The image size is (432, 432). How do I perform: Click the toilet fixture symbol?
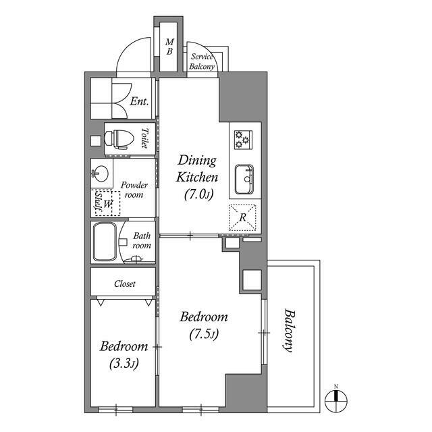pos(119,139)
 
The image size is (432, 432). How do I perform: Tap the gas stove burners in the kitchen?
pos(243,140)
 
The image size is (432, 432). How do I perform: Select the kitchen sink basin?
pos(244,180)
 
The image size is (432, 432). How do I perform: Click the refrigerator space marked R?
pos(242,217)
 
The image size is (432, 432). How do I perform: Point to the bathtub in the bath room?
pos(105,242)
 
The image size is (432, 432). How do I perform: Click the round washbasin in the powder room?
pos(100,173)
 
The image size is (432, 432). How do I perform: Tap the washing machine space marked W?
pos(108,204)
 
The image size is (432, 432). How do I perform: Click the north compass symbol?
pos(336,400)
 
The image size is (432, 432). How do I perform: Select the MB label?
pos(169,47)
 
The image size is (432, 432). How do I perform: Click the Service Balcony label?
pos(202,61)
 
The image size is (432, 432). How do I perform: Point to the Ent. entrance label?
pos(140,101)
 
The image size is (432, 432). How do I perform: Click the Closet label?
pos(125,283)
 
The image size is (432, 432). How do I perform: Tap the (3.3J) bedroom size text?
pos(124,364)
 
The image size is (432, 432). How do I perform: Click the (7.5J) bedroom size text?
pos(204,334)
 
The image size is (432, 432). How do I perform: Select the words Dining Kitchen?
pos(197,169)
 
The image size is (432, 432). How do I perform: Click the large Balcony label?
pos(289,330)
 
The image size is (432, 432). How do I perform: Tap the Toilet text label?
pos(144,138)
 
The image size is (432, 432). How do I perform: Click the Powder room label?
pos(134,190)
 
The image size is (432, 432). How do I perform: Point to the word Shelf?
pos(98,201)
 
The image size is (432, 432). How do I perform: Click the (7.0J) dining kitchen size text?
pos(198,194)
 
